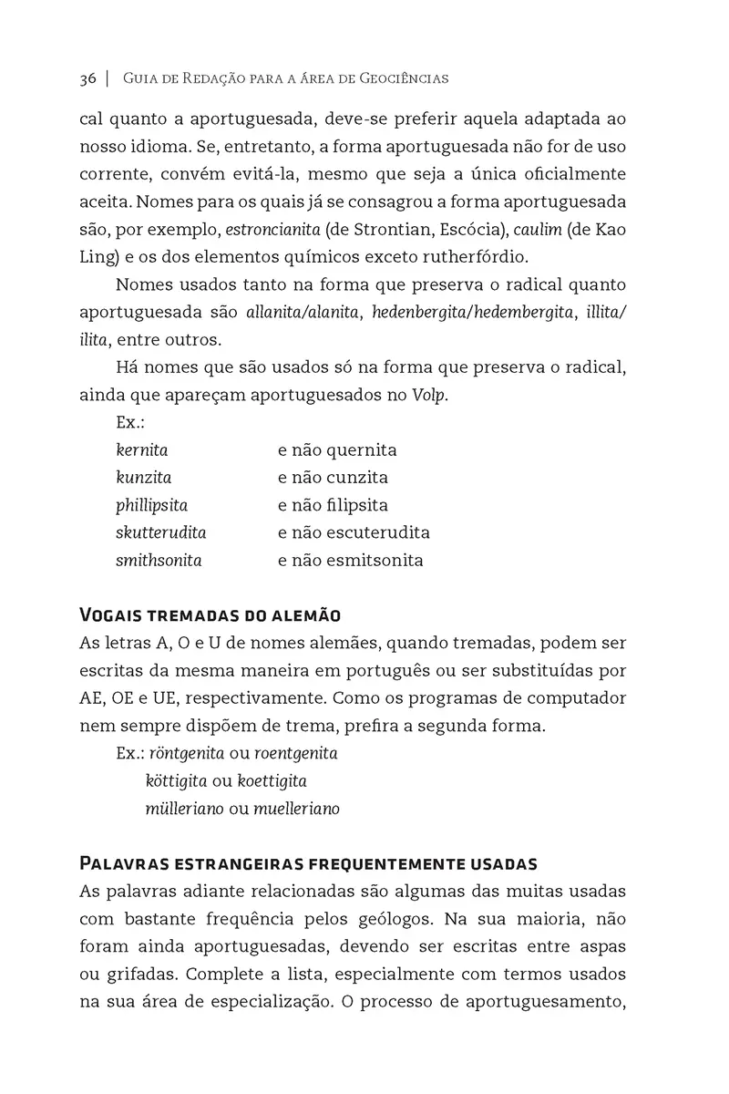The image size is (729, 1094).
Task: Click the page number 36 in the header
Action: [87, 78]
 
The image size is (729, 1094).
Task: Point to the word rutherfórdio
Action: [485, 255]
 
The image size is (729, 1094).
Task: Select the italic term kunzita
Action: [143, 477]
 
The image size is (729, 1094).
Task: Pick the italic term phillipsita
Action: [151, 504]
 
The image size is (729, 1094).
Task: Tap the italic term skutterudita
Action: [160, 532]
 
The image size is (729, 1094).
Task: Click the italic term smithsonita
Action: [159, 560]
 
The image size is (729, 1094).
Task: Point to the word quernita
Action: [362, 449]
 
